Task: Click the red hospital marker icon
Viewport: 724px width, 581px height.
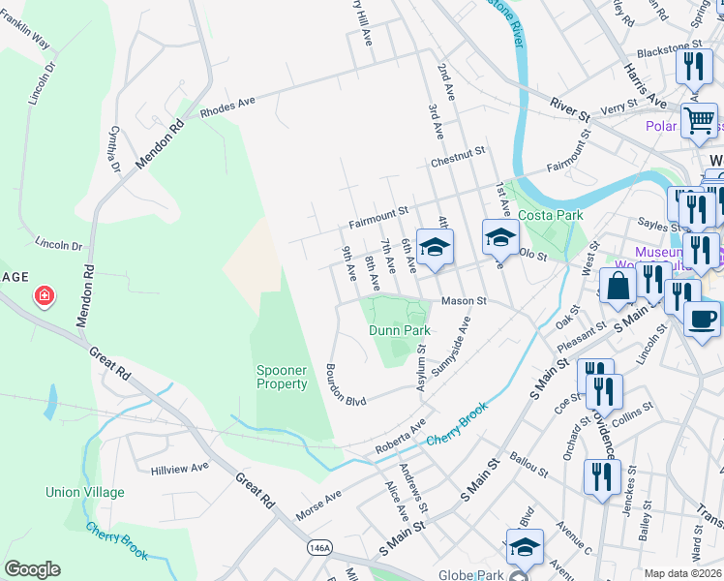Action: tap(44, 296)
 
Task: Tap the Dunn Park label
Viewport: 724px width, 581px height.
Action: tap(399, 330)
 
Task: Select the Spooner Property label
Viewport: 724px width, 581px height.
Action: tap(282, 378)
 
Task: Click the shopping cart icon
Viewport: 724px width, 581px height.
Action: tap(699, 121)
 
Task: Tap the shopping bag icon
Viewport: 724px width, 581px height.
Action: tap(618, 287)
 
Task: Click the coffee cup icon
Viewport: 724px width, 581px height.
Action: tap(702, 318)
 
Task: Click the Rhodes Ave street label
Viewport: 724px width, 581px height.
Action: tap(226, 107)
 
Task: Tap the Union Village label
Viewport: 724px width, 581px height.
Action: tap(85, 492)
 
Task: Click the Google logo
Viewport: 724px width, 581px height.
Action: tap(32, 569)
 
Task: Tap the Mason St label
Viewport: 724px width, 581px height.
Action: tap(463, 301)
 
